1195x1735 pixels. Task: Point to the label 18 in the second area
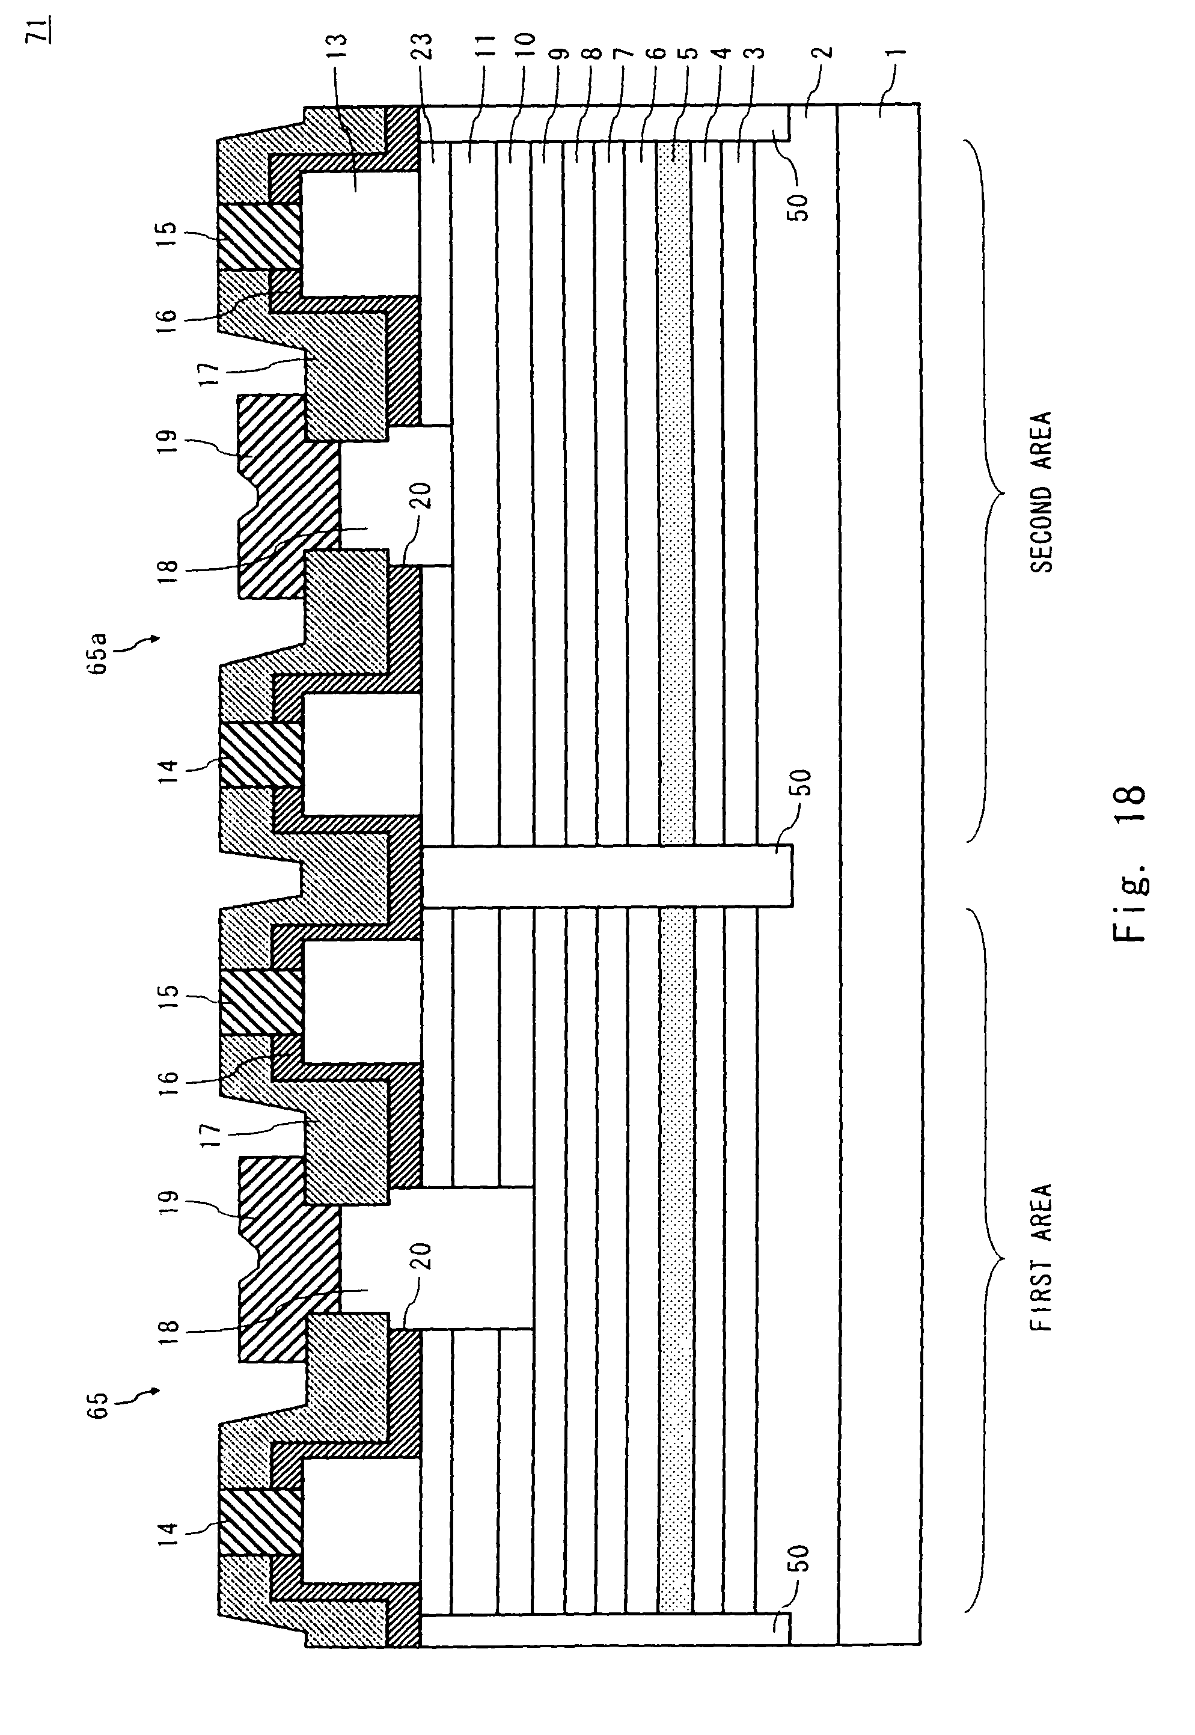pos(170,566)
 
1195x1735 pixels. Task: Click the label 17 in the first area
pos(212,1134)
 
